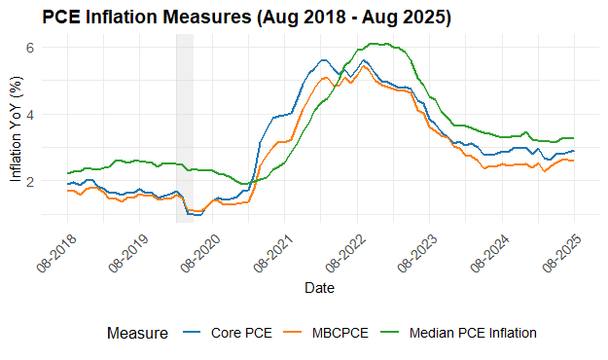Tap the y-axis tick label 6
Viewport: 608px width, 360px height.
30,48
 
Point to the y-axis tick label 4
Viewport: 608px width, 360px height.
30,114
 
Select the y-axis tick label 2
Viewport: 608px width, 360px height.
30,181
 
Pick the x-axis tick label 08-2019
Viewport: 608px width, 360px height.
125,252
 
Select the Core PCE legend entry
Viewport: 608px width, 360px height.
238,333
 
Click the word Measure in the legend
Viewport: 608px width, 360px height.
137,333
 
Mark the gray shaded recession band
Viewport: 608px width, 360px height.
184,127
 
